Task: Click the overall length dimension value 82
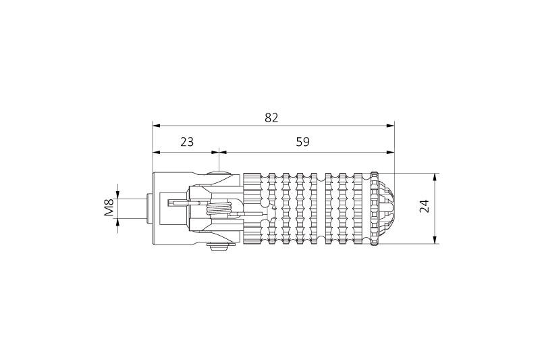271,118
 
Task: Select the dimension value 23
186,142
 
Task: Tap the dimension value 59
303,142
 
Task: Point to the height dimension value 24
425,207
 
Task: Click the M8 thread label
109,207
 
